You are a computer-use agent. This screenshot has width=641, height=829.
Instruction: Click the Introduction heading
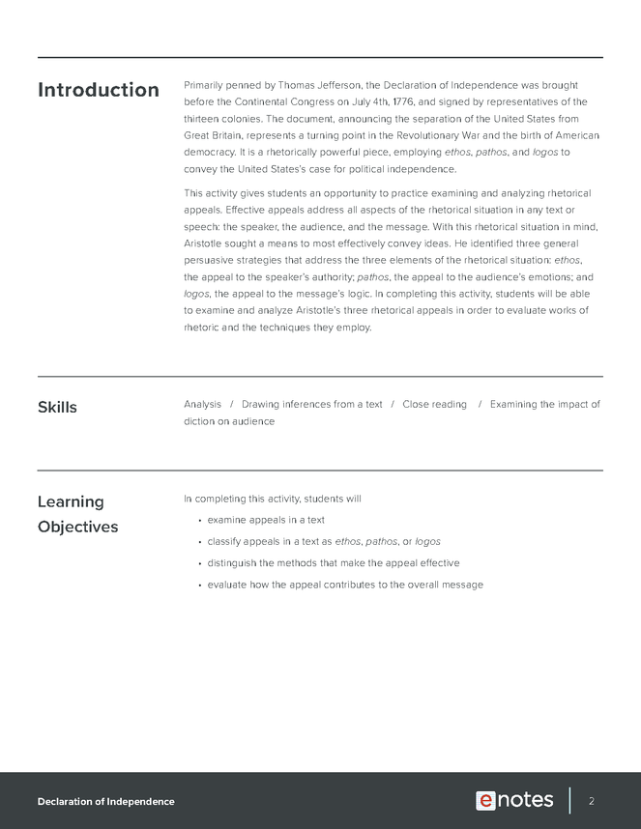tap(98, 90)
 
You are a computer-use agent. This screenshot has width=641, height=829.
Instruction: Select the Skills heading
tap(57, 407)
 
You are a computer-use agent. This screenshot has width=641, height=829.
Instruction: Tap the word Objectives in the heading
tap(77, 527)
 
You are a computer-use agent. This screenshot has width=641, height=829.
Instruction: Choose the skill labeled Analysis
tap(202, 404)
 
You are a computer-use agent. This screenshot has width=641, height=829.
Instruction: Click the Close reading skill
tap(434, 404)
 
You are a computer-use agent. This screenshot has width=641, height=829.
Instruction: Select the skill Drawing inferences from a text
tap(311, 404)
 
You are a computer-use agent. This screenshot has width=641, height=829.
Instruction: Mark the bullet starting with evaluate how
tap(345, 585)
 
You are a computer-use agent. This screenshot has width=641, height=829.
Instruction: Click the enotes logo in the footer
tap(514, 800)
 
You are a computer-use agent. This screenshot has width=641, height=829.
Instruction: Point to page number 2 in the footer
tap(591, 801)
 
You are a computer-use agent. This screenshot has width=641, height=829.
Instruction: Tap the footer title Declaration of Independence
tap(106, 802)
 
